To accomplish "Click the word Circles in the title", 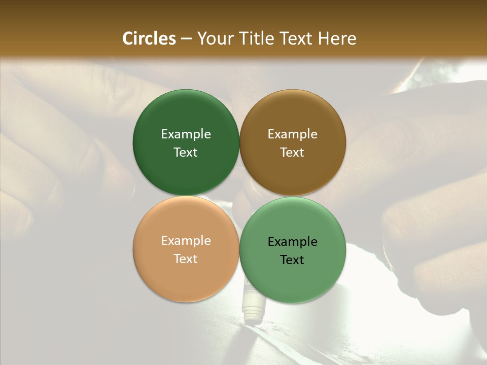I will click(149, 39).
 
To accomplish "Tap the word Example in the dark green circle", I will click(186, 134).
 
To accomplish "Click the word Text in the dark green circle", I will click(186, 153).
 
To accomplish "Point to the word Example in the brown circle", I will click(293, 134).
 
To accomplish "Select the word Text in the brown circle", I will click(293, 153).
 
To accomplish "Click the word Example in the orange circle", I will click(186, 241).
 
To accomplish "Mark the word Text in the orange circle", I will click(186, 259).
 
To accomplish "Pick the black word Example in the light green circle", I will click(293, 242).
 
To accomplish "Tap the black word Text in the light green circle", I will click(293, 260).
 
